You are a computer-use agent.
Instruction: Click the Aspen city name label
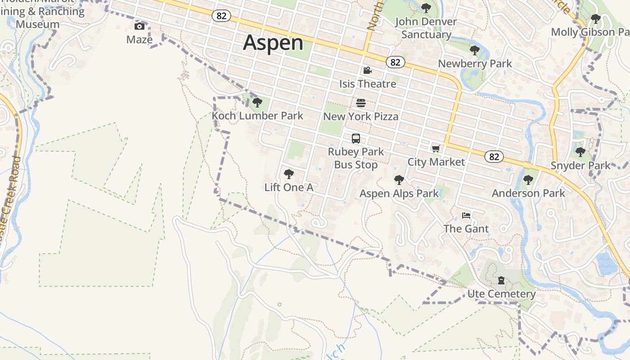[x=273, y=43]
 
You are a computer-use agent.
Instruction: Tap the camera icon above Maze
[x=139, y=27]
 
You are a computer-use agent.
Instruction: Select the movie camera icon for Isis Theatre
[x=367, y=71]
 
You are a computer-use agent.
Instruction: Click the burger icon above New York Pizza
[x=360, y=103]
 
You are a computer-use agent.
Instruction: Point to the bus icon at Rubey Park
[x=356, y=138]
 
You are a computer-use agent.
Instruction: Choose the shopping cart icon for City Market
[x=435, y=148]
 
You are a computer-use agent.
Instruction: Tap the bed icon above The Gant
[x=466, y=216]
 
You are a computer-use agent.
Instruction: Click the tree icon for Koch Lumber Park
[x=257, y=103]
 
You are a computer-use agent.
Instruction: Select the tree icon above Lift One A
[x=288, y=174]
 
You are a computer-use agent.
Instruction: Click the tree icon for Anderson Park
[x=528, y=180]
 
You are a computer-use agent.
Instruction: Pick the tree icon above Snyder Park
[x=580, y=152]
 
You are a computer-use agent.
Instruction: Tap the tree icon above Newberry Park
[x=474, y=50]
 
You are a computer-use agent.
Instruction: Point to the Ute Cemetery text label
[x=501, y=294]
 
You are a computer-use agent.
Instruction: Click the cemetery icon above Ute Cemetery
[x=501, y=281]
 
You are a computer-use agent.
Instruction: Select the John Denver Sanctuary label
[x=426, y=28]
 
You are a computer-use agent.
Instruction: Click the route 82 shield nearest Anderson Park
[x=494, y=157]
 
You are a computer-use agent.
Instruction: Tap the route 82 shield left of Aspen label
[x=221, y=16]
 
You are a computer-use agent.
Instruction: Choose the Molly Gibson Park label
[x=589, y=32]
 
